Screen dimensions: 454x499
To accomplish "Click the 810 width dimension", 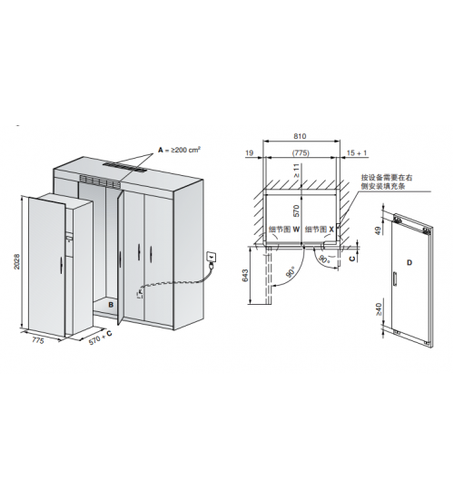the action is click(x=300, y=136).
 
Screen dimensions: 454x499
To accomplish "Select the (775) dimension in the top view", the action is click(x=301, y=153).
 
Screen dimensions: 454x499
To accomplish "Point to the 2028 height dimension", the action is click(x=16, y=261).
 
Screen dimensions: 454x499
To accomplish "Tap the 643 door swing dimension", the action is click(x=245, y=276).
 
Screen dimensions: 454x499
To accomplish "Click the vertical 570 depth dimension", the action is click(x=297, y=210).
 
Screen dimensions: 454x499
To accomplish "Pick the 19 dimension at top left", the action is click(x=249, y=153).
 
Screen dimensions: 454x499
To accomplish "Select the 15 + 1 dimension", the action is click(x=357, y=153).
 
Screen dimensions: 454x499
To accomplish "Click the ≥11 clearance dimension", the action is click(x=297, y=171).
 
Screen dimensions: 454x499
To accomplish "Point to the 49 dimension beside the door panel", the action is click(x=379, y=230).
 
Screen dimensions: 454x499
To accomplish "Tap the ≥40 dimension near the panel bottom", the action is click(x=379, y=309).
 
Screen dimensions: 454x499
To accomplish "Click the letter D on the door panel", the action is click(x=410, y=262).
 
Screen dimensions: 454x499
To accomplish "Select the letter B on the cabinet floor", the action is click(x=111, y=305).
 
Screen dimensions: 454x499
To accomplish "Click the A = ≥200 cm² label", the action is click(x=180, y=150).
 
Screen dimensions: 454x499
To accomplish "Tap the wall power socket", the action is click(x=212, y=257).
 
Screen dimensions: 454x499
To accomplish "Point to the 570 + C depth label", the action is click(x=100, y=338).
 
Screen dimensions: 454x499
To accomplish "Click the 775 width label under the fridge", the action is click(x=37, y=340).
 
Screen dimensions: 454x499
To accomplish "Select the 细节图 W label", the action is click(x=284, y=230).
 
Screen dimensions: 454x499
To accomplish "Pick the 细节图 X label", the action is click(x=320, y=230).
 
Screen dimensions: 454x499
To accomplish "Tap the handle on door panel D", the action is click(x=395, y=279).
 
